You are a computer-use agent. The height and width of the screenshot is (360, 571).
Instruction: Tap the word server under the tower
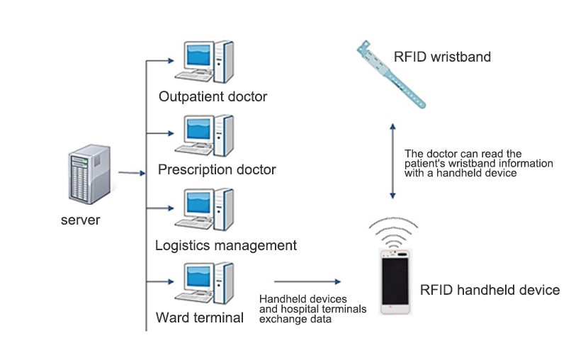click(x=80, y=220)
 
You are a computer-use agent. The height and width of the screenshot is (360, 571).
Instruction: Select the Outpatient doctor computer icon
click(x=205, y=63)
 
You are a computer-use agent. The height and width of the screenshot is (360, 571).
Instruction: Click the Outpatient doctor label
click(x=213, y=96)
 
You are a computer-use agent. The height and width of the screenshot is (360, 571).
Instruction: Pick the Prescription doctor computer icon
click(x=205, y=136)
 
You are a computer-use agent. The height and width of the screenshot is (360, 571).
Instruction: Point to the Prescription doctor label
click(x=217, y=170)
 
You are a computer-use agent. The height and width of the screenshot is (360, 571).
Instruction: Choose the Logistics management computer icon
click(x=205, y=210)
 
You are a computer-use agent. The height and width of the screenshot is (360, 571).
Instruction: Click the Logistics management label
click(x=225, y=246)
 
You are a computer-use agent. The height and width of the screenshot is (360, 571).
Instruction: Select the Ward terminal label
click(x=200, y=317)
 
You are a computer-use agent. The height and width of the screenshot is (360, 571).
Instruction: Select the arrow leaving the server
click(x=132, y=172)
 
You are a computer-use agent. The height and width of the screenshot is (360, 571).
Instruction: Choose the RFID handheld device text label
click(x=490, y=290)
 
